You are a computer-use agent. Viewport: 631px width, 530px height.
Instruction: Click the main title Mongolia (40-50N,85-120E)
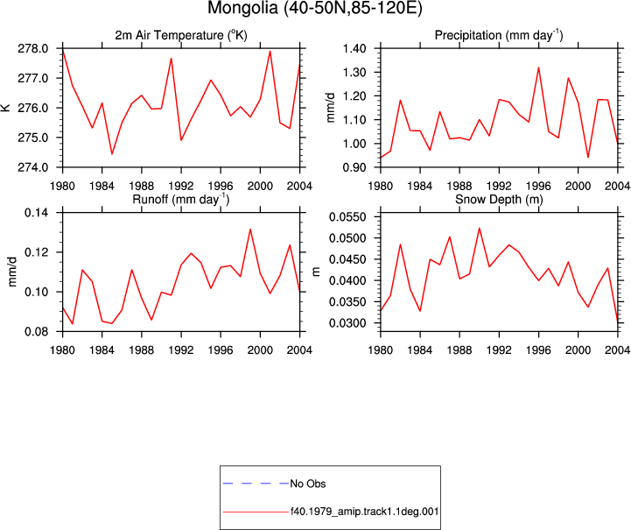pyautogui.click(x=315, y=9)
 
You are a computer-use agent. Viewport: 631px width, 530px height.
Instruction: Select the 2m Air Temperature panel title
pyautogui.click(x=181, y=35)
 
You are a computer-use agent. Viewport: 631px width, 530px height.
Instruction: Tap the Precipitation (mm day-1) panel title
pyautogui.click(x=499, y=35)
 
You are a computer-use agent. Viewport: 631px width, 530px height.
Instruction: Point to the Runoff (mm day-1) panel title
pyautogui.click(x=181, y=200)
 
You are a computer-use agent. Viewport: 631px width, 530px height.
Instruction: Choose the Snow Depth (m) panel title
pyautogui.click(x=499, y=200)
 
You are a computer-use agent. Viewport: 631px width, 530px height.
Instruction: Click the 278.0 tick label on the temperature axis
pyautogui.click(x=32, y=49)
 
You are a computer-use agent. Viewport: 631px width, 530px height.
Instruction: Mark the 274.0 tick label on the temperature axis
pyautogui.click(x=32, y=167)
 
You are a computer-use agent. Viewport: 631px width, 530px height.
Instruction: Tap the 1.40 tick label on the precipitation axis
pyautogui.click(x=354, y=49)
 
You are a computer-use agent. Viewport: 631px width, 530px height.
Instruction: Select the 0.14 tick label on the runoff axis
pyautogui.click(x=37, y=212)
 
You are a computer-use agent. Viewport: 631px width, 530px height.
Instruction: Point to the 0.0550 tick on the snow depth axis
pyautogui.click(x=347, y=217)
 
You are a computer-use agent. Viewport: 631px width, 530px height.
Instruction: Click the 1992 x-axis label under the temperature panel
pyautogui.click(x=181, y=186)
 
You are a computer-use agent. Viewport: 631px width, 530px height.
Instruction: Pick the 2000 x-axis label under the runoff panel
pyautogui.click(x=260, y=350)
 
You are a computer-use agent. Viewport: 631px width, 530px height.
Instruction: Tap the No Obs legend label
pyautogui.click(x=308, y=484)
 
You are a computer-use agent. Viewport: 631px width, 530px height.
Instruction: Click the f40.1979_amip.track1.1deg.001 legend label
pyautogui.click(x=365, y=512)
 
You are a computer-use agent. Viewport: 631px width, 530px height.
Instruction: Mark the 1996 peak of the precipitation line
pyautogui.click(x=538, y=67)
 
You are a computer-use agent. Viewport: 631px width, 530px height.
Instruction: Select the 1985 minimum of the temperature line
pyautogui.click(x=112, y=154)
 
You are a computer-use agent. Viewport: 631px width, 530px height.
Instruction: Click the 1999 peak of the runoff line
pyautogui.click(x=250, y=230)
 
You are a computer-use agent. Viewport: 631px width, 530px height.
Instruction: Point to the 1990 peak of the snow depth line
pyautogui.click(x=480, y=229)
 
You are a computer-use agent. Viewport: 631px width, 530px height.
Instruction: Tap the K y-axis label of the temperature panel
pyautogui.click(x=6, y=108)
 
